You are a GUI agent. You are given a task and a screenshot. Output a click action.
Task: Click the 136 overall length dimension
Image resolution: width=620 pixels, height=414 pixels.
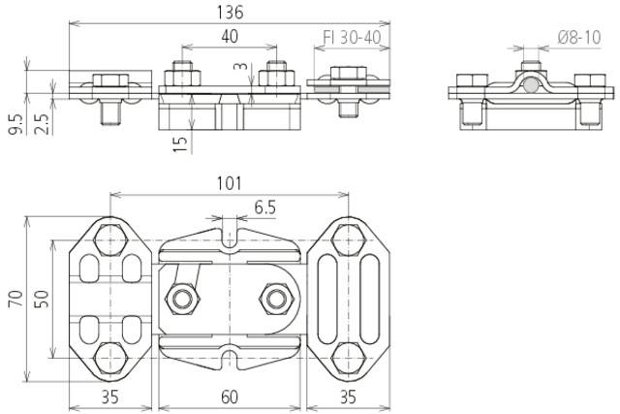[x=231, y=13]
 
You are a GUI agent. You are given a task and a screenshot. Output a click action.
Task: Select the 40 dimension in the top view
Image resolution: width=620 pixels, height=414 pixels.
[x=229, y=37]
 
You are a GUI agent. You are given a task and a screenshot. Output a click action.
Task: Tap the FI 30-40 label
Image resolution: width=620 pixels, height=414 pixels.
[x=351, y=38]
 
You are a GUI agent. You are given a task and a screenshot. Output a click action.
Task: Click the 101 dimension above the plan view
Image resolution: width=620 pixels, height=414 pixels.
[x=229, y=183]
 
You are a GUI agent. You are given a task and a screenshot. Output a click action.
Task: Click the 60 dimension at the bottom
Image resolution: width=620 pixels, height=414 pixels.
[x=229, y=397]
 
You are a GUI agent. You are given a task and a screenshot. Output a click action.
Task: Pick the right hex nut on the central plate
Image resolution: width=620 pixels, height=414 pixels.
[x=276, y=299]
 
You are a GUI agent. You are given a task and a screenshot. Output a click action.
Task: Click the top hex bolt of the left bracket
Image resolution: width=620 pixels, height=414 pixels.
[x=108, y=238]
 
